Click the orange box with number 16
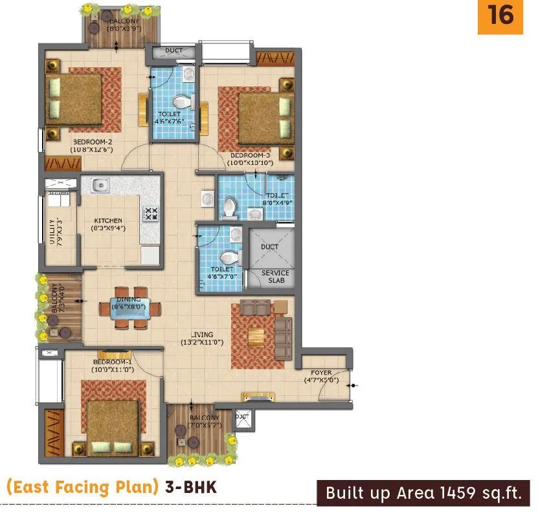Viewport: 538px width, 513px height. (x=500, y=16)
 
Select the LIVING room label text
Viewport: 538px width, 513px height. (x=202, y=338)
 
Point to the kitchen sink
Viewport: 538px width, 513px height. (x=100, y=186)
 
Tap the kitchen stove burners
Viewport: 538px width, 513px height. (x=150, y=213)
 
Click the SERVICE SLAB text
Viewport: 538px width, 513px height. (x=275, y=277)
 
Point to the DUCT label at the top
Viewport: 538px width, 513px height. (x=174, y=50)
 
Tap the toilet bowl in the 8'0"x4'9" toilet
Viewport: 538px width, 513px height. (x=228, y=207)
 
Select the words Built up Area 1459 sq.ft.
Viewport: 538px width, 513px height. (x=423, y=494)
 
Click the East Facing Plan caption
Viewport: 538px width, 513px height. (x=82, y=487)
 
